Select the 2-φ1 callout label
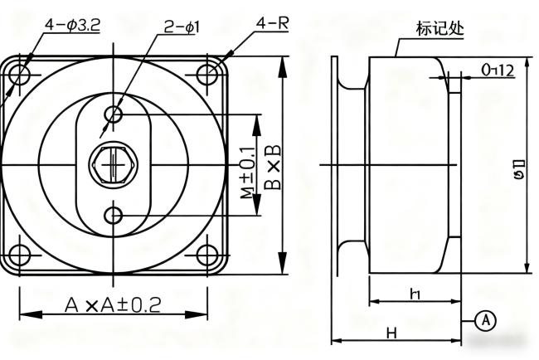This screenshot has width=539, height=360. (180, 27)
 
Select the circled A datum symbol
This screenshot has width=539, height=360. (486, 319)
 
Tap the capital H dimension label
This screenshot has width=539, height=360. (391, 332)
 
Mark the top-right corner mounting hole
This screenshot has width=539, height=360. (206, 75)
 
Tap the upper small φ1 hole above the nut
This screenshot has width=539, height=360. (114, 112)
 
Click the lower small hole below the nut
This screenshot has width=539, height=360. (114, 216)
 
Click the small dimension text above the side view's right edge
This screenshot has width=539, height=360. (498, 71)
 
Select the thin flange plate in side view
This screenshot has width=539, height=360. (336, 165)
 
